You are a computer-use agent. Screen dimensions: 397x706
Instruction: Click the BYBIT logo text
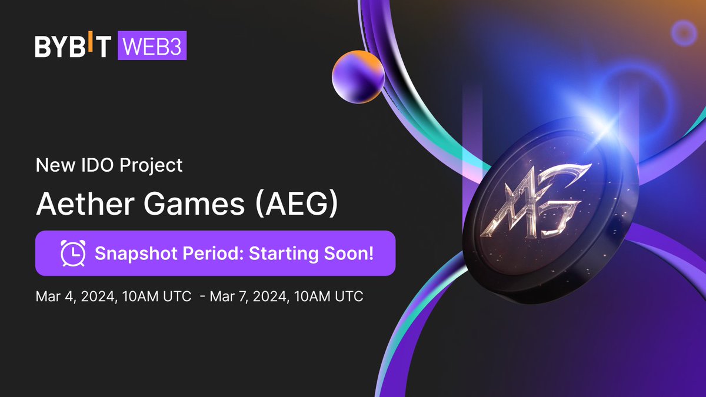pos(72,47)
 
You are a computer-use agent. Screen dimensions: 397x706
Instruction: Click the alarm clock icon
pos(73,253)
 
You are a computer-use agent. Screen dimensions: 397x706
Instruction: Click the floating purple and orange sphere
pos(357,76)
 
